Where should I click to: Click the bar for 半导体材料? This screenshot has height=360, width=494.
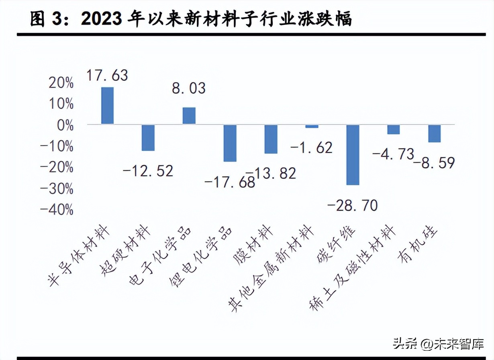[107, 105]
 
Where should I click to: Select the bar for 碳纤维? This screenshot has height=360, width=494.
[353, 155]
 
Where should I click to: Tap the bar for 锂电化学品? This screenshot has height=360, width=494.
[230, 143]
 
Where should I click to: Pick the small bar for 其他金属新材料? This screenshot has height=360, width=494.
[312, 127]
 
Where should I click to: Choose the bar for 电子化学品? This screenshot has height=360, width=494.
[189, 116]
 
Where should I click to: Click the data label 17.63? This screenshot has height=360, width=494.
[107, 75]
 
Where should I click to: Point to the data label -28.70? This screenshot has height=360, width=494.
[352, 206]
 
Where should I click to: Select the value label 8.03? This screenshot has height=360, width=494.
[188, 88]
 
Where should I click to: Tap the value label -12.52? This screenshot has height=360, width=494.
[147, 170]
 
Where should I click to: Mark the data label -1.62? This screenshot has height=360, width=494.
[311, 147]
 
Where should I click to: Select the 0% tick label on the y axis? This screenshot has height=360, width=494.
[65, 125]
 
